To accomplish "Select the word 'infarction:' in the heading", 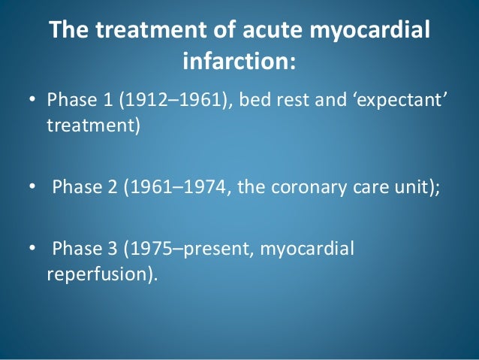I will (x=239, y=62).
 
